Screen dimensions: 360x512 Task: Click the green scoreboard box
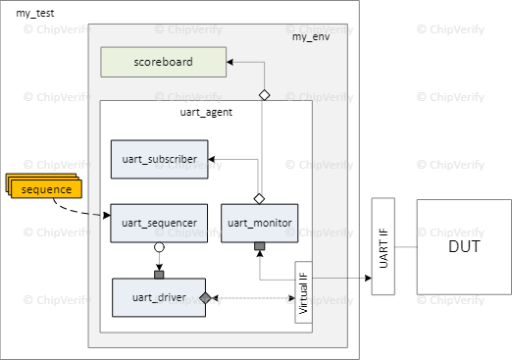coord(163,63)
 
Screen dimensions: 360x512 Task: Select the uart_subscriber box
coord(159,158)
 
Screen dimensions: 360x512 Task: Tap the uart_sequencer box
coord(159,223)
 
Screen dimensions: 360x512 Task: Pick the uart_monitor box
coord(259,223)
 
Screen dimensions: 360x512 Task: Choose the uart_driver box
coord(159,297)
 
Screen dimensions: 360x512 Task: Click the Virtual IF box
coord(303,292)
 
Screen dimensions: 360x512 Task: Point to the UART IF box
coord(383,247)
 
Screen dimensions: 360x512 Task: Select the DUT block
coord(463,246)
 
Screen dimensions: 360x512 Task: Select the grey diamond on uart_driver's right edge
coord(206,297)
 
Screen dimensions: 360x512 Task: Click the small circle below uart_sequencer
coord(158,248)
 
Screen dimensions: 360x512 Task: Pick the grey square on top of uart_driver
coord(158,274)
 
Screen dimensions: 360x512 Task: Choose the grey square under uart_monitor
coord(259,245)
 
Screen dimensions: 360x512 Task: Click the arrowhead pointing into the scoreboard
coord(230,63)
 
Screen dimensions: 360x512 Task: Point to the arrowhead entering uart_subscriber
coord(213,158)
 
